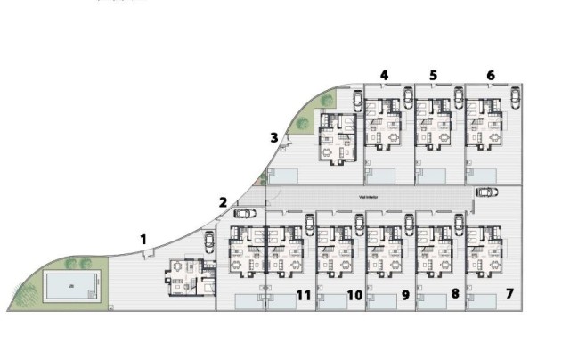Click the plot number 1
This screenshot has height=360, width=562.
143,238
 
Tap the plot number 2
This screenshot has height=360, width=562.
224,201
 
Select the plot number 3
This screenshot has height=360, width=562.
274,137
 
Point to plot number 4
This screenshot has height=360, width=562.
384,75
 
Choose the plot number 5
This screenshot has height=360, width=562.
434,75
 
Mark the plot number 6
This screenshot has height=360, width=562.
491,75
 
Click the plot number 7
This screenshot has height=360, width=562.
510,292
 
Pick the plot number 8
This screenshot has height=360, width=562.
454,292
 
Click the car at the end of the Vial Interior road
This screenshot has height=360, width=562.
486,192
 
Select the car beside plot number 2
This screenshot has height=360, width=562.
242,213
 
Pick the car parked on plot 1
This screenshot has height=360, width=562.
208,241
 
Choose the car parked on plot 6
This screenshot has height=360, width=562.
515,96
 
